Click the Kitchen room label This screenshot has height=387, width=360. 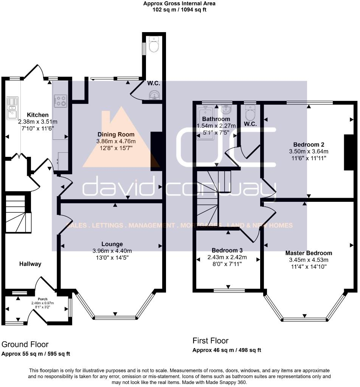37,115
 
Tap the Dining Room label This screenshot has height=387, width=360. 116,135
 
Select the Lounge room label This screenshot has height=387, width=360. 112,244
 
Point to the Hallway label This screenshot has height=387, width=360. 30,264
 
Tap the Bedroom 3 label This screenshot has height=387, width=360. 227,251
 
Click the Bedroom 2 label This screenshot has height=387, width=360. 309,144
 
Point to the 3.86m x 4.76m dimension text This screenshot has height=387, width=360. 116,141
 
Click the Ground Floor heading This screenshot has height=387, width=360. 25,344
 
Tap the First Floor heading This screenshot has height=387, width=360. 210,341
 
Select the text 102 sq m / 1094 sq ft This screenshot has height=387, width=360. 180,10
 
